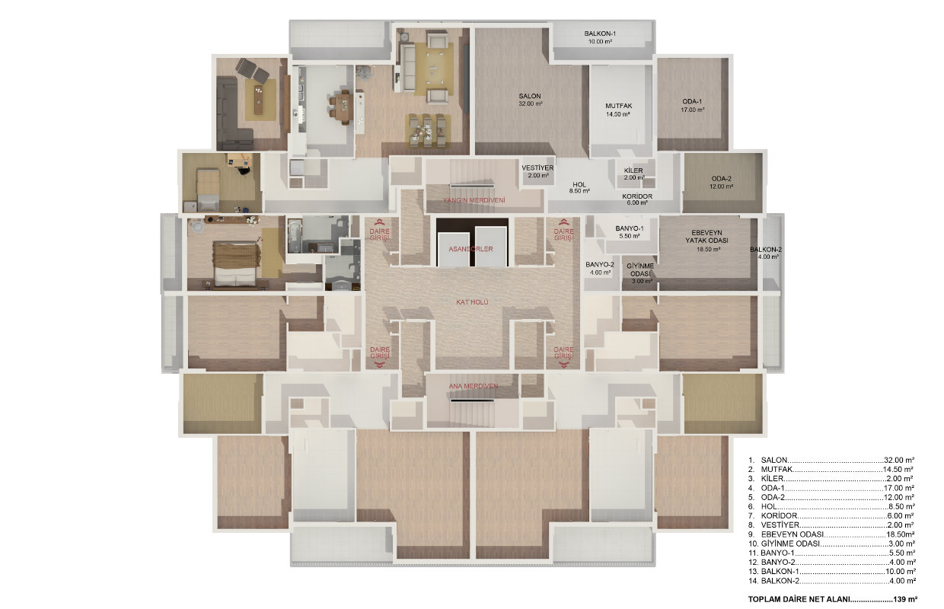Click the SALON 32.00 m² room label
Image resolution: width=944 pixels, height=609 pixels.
(x=530, y=100)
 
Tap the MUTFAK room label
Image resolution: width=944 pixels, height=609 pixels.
(x=618, y=106)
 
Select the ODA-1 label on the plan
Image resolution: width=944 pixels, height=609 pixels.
(x=692, y=101)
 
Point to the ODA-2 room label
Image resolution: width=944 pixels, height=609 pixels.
(x=722, y=179)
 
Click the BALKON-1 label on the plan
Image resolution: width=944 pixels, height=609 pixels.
(x=600, y=33)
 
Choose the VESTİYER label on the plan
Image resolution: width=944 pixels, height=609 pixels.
(x=537, y=167)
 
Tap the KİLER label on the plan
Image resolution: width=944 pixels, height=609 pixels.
(x=633, y=171)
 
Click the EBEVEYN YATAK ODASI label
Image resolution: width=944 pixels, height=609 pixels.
(x=706, y=237)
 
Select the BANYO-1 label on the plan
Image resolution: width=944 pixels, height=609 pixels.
(x=629, y=228)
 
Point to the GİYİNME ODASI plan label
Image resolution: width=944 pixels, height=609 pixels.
(x=640, y=269)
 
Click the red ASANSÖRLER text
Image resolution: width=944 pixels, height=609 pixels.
(x=470, y=249)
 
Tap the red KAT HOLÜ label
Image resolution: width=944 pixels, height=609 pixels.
(x=472, y=302)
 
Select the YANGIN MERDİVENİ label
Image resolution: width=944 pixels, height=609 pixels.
(x=474, y=200)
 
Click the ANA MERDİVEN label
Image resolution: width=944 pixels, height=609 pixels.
(x=474, y=386)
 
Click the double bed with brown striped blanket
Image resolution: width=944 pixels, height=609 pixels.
(x=236, y=263)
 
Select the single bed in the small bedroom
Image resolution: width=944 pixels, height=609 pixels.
(x=208, y=190)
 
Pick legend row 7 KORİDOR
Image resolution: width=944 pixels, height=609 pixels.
(x=831, y=516)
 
